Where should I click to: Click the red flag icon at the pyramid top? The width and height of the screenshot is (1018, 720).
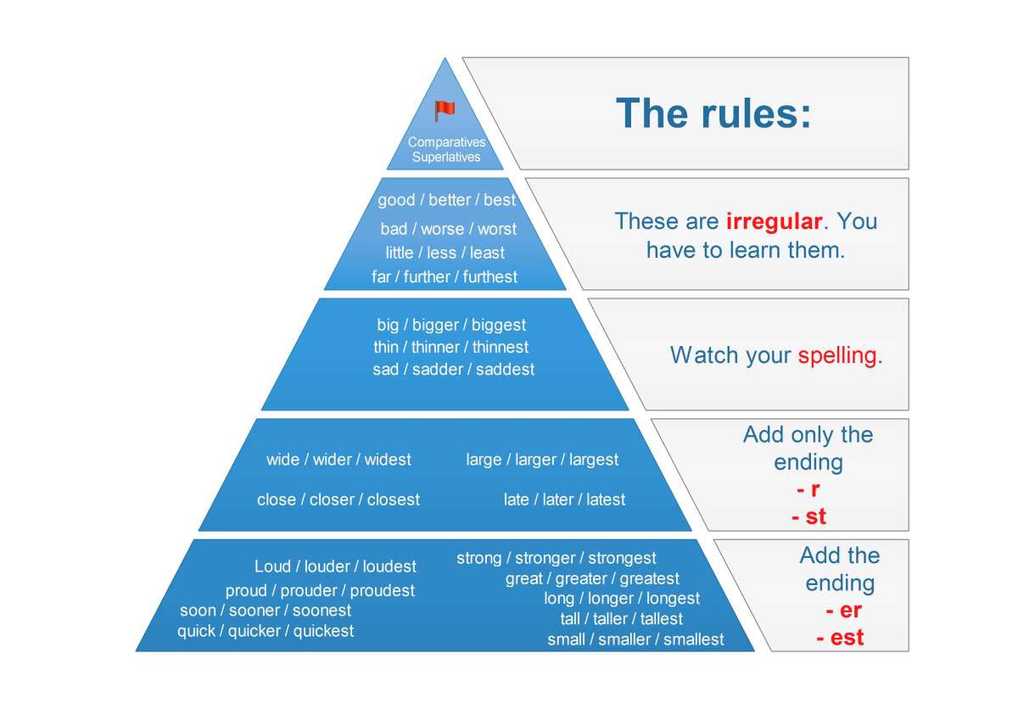pyautogui.click(x=445, y=111)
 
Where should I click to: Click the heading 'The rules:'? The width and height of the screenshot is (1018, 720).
pyautogui.click(x=713, y=114)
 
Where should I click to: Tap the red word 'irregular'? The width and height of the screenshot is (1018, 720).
pyautogui.click(x=774, y=222)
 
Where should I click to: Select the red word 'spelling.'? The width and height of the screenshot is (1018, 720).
pyautogui.click(x=840, y=355)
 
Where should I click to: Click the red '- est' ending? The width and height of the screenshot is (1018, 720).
pyautogui.click(x=840, y=638)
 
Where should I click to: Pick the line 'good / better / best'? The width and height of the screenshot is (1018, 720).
pyautogui.click(x=447, y=201)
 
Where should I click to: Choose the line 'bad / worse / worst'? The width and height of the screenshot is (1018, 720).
pyautogui.click(x=448, y=229)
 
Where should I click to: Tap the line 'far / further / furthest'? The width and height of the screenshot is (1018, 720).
pyautogui.click(x=445, y=277)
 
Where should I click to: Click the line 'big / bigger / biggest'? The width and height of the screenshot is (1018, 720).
pyautogui.click(x=451, y=326)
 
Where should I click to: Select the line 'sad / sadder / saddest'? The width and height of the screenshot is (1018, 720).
pyautogui.click(x=454, y=370)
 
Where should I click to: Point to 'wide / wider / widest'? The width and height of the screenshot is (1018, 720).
pyautogui.click(x=338, y=460)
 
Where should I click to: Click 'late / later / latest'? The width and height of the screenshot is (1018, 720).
pyautogui.click(x=564, y=500)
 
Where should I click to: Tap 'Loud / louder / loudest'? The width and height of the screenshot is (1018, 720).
pyautogui.click(x=335, y=567)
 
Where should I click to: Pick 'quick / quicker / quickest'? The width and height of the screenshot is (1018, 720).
pyautogui.click(x=266, y=631)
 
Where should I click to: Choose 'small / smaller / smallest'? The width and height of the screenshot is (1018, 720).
pyautogui.click(x=635, y=640)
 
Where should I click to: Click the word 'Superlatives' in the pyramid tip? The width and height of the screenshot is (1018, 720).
pyautogui.click(x=446, y=157)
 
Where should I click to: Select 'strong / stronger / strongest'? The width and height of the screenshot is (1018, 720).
pyautogui.click(x=557, y=558)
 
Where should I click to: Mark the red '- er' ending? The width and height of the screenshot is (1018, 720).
pyautogui.click(x=843, y=611)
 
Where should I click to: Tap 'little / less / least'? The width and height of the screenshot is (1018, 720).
pyautogui.click(x=445, y=254)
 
